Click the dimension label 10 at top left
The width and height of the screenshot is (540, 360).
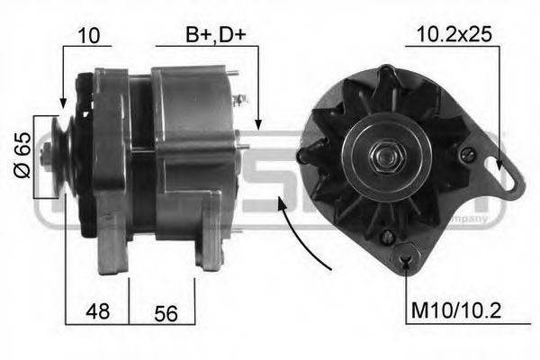[88, 36]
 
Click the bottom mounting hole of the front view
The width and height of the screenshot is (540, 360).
[408, 261]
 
